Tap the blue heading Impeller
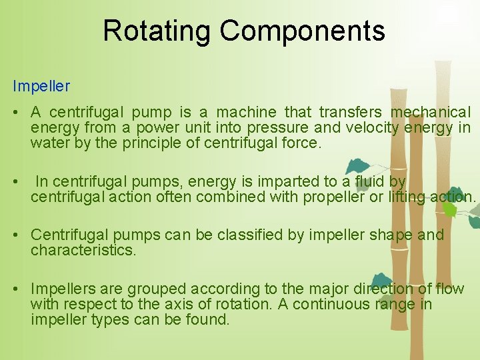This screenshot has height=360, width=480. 41,87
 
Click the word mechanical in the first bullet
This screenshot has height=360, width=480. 430,112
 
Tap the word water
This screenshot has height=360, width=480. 48,143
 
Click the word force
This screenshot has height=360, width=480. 303,143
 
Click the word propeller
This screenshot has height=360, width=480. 333,197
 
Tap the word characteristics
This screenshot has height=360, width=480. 83,250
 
